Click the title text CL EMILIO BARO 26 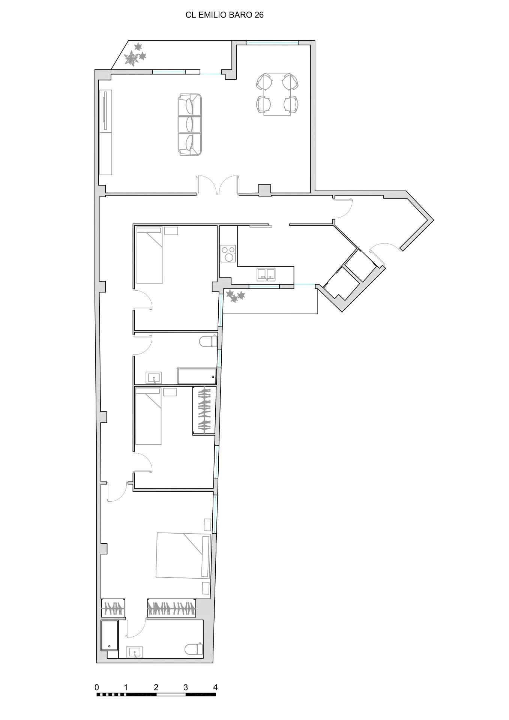click(x=224, y=15)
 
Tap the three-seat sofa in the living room click(x=190, y=124)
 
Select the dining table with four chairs click(x=277, y=94)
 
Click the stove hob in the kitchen click(x=228, y=253)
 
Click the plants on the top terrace click(x=135, y=54)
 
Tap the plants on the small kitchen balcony click(x=236, y=296)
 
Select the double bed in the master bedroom click(x=183, y=555)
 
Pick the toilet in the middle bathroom click(x=208, y=342)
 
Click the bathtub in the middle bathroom click(x=197, y=376)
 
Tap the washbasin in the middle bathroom click(x=154, y=378)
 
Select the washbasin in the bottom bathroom click(x=134, y=652)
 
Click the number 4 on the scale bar click(x=215, y=687)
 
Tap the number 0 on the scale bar click(x=97, y=687)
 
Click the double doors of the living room click(x=218, y=185)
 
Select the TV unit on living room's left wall click(x=106, y=132)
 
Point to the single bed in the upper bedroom click(x=149, y=255)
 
